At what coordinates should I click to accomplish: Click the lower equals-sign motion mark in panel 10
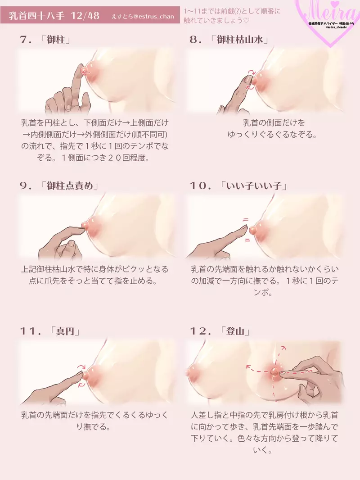(x=247, y=240)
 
